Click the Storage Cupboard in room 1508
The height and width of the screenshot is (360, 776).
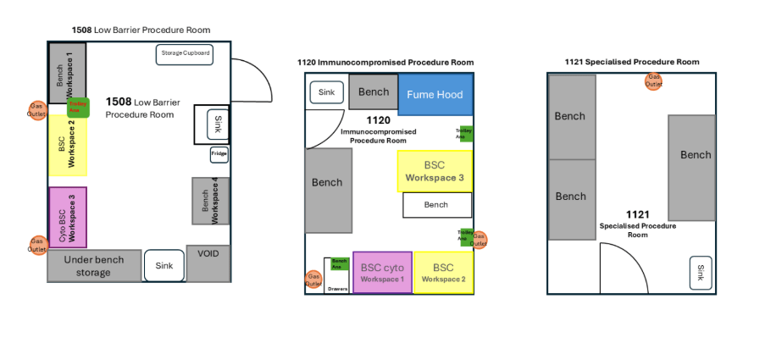(x=184, y=54)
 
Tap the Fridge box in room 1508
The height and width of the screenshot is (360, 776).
(x=219, y=155)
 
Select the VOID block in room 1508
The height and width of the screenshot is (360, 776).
(x=208, y=263)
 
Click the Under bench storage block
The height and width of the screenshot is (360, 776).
(x=93, y=266)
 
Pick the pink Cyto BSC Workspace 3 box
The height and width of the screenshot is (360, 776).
(x=68, y=217)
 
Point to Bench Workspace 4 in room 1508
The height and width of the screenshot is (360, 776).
(x=210, y=201)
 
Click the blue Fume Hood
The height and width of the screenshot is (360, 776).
(x=435, y=95)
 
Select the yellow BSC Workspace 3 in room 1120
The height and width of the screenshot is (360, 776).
(x=435, y=171)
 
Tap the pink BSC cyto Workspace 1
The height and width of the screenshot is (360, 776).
(x=382, y=272)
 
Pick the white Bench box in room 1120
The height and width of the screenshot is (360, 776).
(x=436, y=205)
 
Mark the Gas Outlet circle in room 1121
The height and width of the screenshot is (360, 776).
(x=654, y=81)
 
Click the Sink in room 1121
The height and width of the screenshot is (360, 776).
(x=701, y=273)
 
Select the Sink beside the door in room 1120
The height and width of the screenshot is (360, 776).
(x=327, y=92)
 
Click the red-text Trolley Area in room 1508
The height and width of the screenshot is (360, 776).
(x=78, y=108)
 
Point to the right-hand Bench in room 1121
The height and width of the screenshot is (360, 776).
(x=696, y=155)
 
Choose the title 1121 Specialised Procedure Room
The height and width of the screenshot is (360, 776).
(x=632, y=62)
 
